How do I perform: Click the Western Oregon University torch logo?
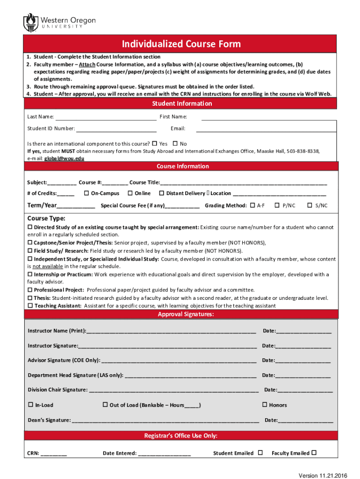(x=31, y=22)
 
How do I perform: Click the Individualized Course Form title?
(x=181, y=44)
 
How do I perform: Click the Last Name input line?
(x=106, y=117)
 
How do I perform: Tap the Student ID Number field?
(x=116, y=129)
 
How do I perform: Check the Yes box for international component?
(x=155, y=144)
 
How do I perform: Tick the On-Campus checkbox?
(x=86, y=193)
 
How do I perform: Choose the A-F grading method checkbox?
(x=253, y=205)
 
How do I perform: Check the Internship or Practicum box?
(x=30, y=274)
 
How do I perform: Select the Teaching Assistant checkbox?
(x=30, y=305)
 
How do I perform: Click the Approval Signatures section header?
(x=186, y=314)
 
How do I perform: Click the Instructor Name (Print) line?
(x=171, y=331)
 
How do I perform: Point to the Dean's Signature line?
(x=166, y=421)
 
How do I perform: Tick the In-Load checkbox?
(x=31, y=405)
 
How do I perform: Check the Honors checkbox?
(x=265, y=405)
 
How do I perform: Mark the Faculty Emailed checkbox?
(x=314, y=452)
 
